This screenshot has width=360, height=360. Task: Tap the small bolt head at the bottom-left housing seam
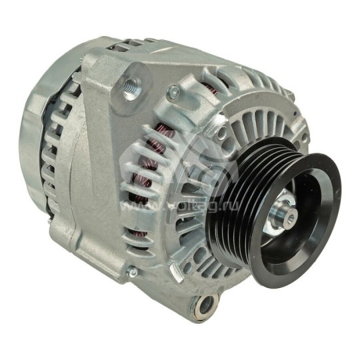click(x=133, y=272)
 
